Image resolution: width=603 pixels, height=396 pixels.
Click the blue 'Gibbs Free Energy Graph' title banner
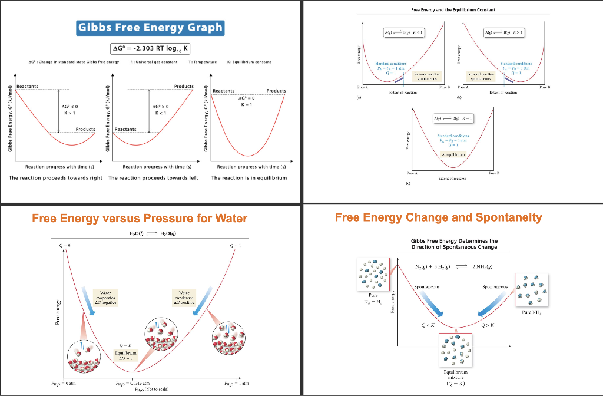pyautogui.click(x=150, y=27)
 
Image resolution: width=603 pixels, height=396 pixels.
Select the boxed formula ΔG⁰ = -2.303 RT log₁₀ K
pyautogui.click(x=150, y=48)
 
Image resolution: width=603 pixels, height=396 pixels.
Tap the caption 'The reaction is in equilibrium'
pyautogui.click(x=249, y=177)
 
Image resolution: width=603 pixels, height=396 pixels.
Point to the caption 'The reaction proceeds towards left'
pyautogui.click(x=153, y=177)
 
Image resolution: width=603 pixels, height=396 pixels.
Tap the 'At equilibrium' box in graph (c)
pyautogui.click(x=453, y=154)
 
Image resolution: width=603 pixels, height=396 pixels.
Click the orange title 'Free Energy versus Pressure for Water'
pyautogui.click(x=140, y=218)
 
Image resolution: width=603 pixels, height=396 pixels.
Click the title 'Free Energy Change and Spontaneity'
pyautogui.click(x=438, y=217)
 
